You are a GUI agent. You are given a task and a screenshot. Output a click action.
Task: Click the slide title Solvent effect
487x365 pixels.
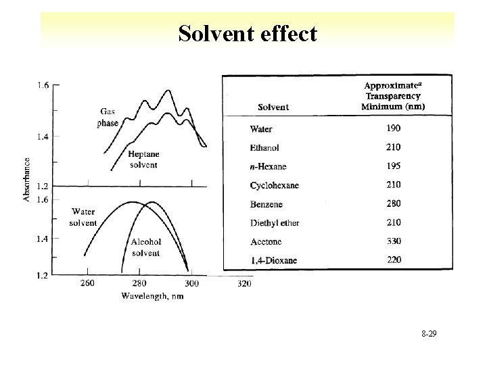point(248,33)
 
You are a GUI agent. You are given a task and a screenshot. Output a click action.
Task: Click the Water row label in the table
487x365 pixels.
point(262,128)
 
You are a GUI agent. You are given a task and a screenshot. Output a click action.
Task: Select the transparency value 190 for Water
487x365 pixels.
point(393,128)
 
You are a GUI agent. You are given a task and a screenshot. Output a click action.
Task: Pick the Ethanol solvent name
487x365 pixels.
point(264,147)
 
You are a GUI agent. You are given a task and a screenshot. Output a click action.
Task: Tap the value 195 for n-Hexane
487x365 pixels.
point(393,166)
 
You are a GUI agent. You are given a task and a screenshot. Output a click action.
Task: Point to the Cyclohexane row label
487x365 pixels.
point(275,185)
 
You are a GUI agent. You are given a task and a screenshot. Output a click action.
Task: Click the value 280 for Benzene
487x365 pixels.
point(393,203)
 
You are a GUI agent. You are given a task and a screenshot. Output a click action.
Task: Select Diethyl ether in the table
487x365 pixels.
point(275,222)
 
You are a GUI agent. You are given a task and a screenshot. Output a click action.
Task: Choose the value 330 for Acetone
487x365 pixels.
point(393,241)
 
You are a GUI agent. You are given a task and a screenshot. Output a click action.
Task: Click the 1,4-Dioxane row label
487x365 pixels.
point(273,260)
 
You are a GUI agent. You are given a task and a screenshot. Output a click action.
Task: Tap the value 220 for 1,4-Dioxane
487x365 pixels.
point(393,260)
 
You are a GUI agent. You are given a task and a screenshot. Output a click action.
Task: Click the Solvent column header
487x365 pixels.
point(273,107)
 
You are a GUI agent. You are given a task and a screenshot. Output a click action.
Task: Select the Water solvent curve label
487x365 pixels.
point(83,218)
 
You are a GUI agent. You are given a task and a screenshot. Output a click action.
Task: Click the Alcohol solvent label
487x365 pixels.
point(145,247)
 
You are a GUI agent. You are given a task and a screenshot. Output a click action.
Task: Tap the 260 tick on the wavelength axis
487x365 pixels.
point(88,284)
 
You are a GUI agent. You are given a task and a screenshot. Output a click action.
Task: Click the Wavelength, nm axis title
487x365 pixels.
point(152,296)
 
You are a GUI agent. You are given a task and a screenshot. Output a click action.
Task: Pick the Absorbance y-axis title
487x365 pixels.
point(27,179)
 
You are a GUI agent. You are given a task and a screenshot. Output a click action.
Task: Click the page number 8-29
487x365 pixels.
point(427,333)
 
